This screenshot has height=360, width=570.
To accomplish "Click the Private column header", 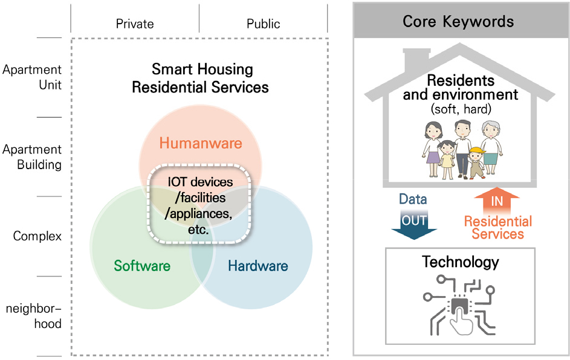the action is [x=135, y=24].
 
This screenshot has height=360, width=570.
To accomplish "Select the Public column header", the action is [x=263, y=24].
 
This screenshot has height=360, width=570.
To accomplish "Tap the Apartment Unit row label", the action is [x=32, y=77].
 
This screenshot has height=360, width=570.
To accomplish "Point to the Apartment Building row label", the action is [x=32, y=157].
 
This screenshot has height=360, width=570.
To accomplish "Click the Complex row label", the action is [x=37, y=236].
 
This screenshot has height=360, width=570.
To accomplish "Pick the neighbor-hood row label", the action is [x=33, y=316].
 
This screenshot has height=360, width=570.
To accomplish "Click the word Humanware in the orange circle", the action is [x=201, y=143].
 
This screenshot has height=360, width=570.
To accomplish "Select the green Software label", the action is [x=142, y=266].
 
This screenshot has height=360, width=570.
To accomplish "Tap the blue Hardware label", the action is [x=258, y=266].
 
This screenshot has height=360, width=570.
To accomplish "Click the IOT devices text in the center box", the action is [x=200, y=182].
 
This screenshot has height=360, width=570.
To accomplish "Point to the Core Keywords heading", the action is [x=458, y=21].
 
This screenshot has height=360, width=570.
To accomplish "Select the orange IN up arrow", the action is [x=497, y=201].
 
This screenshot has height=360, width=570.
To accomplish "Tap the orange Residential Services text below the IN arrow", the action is [x=497, y=227].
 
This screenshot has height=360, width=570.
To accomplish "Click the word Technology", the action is [x=460, y=262].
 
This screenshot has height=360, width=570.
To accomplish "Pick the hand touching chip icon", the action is [x=459, y=305].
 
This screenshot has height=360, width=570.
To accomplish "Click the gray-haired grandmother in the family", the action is [x=491, y=147].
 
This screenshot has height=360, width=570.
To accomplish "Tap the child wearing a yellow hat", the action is [x=476, y=162].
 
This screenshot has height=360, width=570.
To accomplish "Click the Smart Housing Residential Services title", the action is [x=201, y=78].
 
